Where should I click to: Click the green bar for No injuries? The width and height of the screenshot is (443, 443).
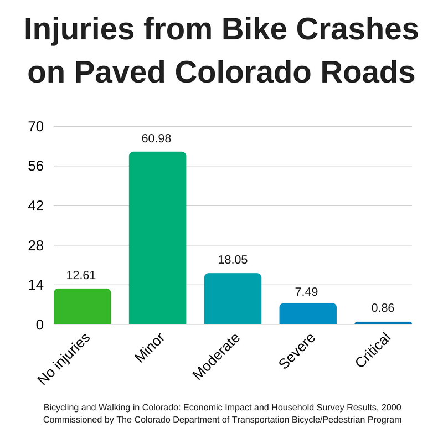click(x=82, y=306)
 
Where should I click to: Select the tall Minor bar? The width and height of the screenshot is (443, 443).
click(x=157, y=238)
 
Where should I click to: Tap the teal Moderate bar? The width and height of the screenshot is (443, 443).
click(x=233, y=299)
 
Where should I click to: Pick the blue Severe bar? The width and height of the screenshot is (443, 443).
click(x=308, y=313)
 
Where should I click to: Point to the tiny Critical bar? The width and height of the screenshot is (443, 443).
click(x=383, y=323)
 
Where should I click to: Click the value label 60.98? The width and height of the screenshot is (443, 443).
click(x=157, y=138)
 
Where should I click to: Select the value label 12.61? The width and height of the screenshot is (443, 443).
click(x=82, y=275)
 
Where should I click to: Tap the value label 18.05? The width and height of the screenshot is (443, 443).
click(x=232, y=260)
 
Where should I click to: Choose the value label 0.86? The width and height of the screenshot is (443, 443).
click(x=383, y=308)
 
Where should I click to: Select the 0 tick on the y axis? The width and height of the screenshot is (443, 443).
click(x=39, y=324)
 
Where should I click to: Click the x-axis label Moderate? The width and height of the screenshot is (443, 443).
click(x=217, y=357)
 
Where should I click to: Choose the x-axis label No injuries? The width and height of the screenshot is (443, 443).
click(x=64, y=360)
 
